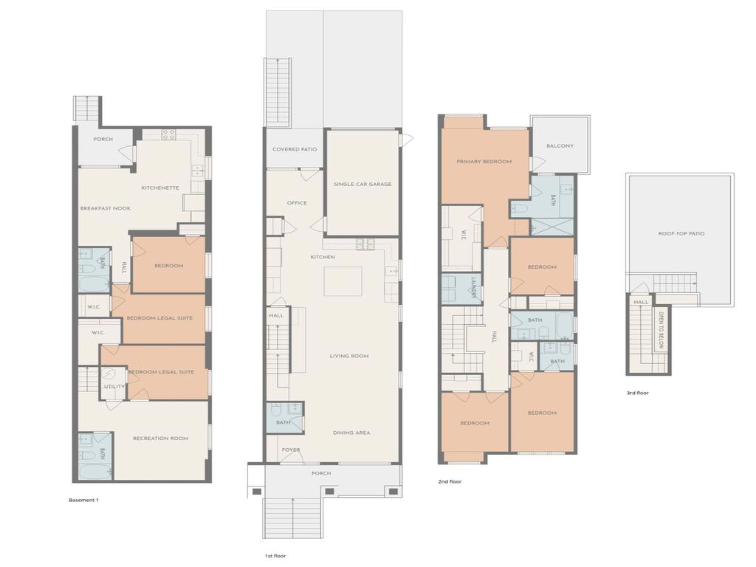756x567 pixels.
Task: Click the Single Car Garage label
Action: click(362, 184)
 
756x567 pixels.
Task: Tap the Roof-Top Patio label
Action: click(681, 233)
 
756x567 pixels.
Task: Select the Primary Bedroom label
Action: click(484, 161)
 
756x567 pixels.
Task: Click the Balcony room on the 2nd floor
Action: click(560, 145)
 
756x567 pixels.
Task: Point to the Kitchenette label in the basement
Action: click(160, 188)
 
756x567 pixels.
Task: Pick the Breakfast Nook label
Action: click(106, 208)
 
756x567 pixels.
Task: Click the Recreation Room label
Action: click(160, 439)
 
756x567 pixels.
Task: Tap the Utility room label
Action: click(114, 386)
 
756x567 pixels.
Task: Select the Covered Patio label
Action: click(295, 149)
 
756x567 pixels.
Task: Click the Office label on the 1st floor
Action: click(297, 203)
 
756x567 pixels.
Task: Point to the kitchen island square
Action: click(343, 281)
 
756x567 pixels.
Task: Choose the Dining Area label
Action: click(351, 433)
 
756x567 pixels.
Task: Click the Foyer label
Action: click(291, 450)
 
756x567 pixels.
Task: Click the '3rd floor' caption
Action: click(637, 393)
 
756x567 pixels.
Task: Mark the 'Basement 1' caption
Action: click(83, 500)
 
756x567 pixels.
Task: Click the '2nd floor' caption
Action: click(450, 481)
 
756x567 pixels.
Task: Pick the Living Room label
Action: click(349, 356)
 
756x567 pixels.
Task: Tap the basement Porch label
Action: click(103, 139)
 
